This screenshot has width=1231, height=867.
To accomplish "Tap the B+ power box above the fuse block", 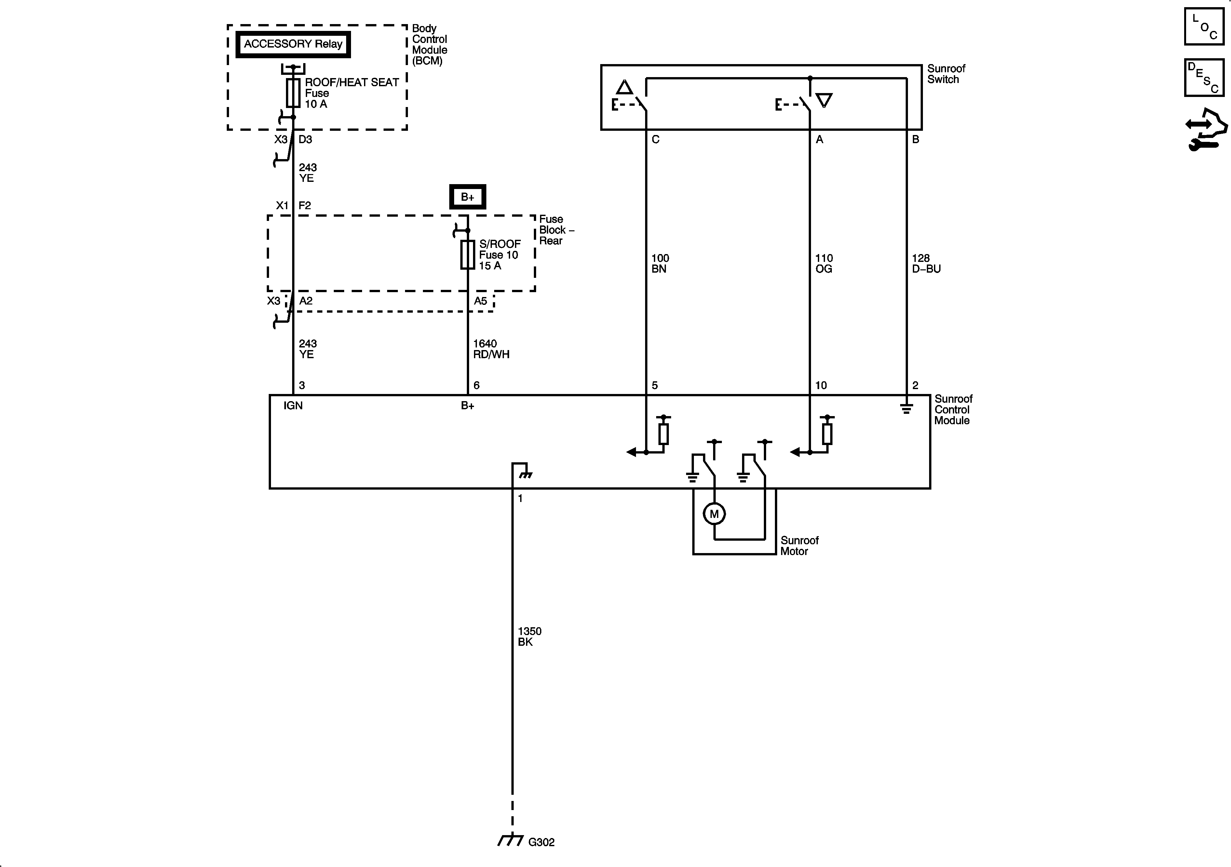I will coord(467,197).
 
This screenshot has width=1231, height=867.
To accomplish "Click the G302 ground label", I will coord(541,842).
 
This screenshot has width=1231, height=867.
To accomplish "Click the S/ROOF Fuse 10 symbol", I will coord(467,255).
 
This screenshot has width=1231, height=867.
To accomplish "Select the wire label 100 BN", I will coord(660,263).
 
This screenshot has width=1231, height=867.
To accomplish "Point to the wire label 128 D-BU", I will coord(926,263).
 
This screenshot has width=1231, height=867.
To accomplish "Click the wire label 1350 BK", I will coord(529,636).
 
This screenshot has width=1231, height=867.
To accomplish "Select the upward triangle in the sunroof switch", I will coord(624,88).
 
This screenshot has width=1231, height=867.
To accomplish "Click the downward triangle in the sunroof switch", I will coord(824,100).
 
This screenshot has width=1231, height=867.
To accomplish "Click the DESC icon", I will coord(1204,78).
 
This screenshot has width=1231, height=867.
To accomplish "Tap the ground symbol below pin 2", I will coord(906,409).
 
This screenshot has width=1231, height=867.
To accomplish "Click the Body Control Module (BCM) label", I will coord(429,45).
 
